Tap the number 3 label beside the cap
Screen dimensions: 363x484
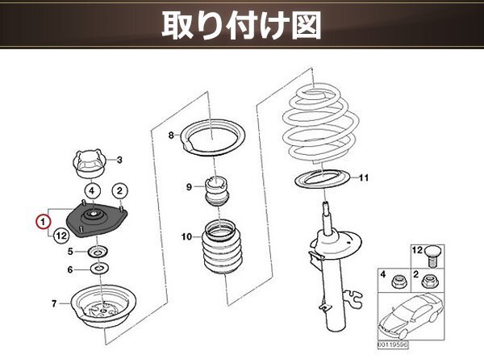(x=119, y=159)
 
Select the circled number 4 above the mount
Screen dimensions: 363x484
(x=93, y=190)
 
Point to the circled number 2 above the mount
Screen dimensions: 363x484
(x=119, y=190)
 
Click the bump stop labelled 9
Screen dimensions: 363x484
(x=216, y=190)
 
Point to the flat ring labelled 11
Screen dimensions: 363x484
(x=319, y=178)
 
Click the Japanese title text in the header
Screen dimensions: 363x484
(x=242, y=25)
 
